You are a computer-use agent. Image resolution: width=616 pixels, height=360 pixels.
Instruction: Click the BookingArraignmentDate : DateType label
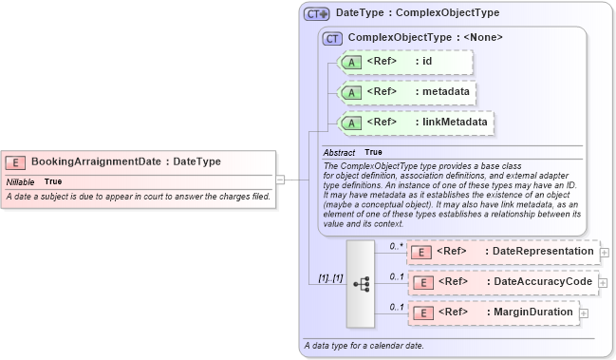tap(126, 161)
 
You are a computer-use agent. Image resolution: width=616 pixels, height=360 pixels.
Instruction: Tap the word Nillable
tap(20, 180)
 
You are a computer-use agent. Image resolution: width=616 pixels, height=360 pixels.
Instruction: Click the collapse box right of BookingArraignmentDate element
tap(280, 177)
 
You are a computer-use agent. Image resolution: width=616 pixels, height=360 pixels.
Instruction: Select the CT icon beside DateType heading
tap(317, 14)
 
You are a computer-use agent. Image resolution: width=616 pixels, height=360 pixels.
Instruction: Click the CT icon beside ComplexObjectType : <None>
tap(332, 38)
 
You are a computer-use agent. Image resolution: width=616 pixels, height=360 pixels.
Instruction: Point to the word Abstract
tap(339, 152)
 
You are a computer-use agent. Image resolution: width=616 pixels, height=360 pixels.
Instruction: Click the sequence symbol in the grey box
tap(361, 283)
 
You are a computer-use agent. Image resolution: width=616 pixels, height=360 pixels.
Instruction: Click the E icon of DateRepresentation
tap(424, 252)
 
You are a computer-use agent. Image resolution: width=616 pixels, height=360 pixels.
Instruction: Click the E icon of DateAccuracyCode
tap(424, 282)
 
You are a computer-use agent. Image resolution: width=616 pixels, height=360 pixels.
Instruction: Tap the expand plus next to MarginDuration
tap(584, 313)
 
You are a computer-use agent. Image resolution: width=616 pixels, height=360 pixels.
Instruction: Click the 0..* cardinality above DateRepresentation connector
tap(397, 245)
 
